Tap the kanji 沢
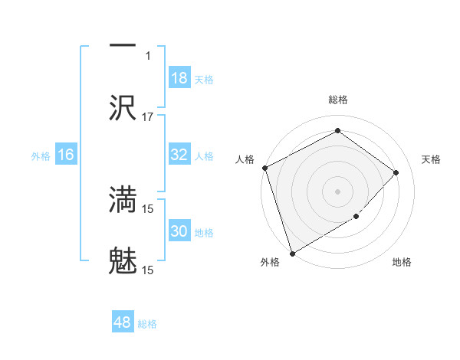pos(123,108)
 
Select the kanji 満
pos(123,200)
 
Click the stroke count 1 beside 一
pos(148,55)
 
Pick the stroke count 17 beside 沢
pos(148,116)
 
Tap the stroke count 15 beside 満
pos(148,208)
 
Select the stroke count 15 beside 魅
pos(148,270)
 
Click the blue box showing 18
pos(179,78)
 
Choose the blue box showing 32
pos(179,155)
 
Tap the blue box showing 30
pos(179,231)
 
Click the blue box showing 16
pos(66,155)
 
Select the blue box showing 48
pos(123,322)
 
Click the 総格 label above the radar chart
pos(337,100)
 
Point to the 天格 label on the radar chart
pos(432,159)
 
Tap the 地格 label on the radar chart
pos(402,263)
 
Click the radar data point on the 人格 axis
pos(264,168)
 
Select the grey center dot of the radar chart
pos(337,191)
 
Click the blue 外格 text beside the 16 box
pos(41,155)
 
